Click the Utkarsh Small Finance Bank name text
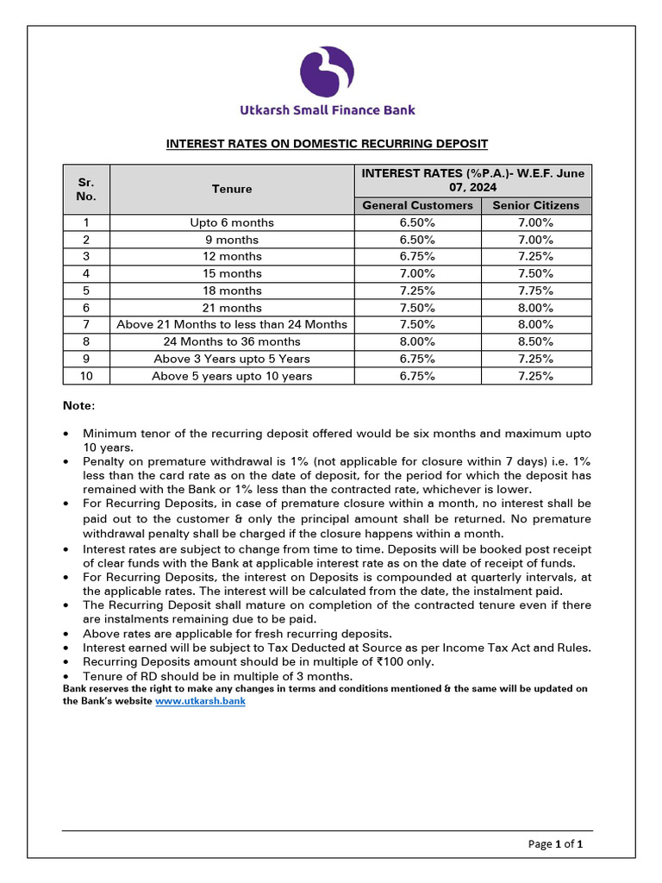coord(327,110)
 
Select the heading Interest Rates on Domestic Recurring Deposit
coord(327,143)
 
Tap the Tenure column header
coord(232,189)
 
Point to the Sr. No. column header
coord(86,189)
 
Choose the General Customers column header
coord(417,205)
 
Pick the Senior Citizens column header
coord(535,205)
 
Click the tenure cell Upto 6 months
coord(232,222)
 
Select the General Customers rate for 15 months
coord(417,273)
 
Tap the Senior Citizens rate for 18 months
coord(535,291)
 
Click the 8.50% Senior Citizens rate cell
coord(535,341)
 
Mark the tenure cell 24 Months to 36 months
coord(232,341)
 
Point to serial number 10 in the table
coord(86,376)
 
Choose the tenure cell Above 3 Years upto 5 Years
coord(232,359)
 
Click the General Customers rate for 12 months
coord(417,256)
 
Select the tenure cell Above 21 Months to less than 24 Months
coord(232,324)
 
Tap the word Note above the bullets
coord(79,405)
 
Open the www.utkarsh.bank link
coord(200,701)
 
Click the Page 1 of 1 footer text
coord(555,844)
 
